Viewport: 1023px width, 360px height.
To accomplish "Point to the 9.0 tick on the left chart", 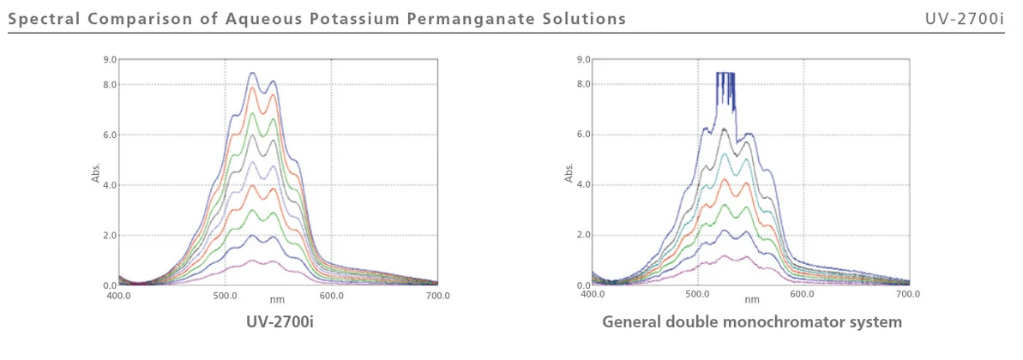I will tap(110, 59).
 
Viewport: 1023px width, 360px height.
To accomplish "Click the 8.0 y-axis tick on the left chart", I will tap(110, 85).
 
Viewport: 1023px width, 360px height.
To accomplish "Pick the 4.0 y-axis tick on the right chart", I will tap(583, 185).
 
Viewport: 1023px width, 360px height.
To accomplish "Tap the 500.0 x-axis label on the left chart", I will tap(225, 296).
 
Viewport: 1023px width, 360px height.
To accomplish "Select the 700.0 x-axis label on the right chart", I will tap(908, 296).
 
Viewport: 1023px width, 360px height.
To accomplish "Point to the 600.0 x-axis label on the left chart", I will tap(331, 296).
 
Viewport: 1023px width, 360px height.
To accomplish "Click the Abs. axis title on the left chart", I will tap(96, 173).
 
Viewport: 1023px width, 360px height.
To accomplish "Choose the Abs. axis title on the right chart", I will tap(569, 173).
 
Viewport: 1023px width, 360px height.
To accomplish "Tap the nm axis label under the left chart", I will tap(277, 300).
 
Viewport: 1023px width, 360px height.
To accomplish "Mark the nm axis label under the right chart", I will tap(751, 300).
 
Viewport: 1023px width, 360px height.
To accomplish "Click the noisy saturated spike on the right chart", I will tap(725, 86).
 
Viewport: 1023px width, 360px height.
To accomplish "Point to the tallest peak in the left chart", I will tap(252, 74).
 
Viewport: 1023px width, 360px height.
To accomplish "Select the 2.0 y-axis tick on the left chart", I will tap(110, 236).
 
